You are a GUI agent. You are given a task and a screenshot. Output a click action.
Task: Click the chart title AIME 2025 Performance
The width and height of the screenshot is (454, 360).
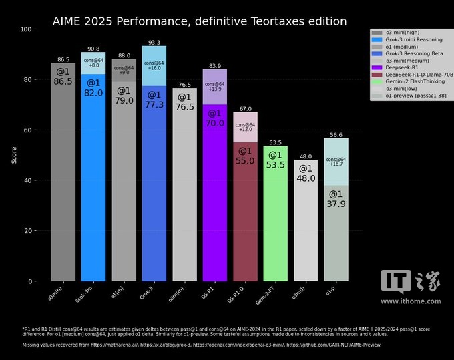(x=200, y=21)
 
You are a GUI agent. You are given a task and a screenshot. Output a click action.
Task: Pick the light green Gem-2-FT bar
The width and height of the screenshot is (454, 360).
(x=275, y=220)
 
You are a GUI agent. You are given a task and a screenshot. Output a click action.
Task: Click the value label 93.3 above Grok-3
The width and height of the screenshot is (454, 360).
(x=154, y=43)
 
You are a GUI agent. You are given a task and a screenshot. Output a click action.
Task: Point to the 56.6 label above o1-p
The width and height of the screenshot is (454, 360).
(x=336, y=135)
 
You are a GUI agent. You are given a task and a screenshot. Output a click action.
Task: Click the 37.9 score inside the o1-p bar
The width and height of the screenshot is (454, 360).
(x=336, y=204)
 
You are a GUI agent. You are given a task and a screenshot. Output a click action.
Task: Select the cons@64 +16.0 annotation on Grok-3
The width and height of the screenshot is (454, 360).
(x=154, y=65)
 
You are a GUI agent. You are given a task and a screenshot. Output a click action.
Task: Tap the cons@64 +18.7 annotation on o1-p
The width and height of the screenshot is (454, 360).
(x=336, y=161)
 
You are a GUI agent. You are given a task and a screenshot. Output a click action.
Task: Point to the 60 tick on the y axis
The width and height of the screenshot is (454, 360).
(x=29, y=130)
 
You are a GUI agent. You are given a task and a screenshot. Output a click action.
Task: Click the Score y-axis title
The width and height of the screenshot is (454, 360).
(x=15, y=155)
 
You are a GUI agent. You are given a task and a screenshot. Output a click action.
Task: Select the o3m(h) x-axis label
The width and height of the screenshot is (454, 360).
(x=57, y=293)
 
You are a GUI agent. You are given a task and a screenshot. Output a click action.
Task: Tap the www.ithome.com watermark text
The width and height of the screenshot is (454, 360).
(x=410, y=301)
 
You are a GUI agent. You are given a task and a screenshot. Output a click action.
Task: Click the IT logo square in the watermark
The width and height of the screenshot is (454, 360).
(x=395, y=281)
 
